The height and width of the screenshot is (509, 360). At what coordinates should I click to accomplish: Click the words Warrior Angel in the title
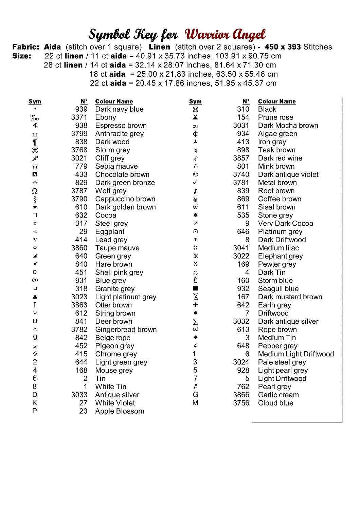pos(225,35)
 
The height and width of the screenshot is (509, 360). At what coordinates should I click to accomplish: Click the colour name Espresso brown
pos(121,126)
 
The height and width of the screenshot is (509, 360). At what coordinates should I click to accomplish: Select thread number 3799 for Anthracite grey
pos(79,134)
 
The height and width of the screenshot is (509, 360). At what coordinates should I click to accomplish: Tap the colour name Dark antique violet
pos(288,174)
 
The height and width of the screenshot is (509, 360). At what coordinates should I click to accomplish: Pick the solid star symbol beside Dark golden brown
pos(35,207)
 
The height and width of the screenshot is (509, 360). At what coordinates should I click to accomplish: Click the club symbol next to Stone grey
pos(195,215)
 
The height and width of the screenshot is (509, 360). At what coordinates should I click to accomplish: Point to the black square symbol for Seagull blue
pos(195,288)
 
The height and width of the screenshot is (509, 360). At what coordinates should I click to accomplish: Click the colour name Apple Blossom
pos(120,411)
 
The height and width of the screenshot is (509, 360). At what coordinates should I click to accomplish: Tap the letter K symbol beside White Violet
pos(35,403)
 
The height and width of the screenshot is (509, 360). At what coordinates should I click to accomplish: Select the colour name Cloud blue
pos(275,403)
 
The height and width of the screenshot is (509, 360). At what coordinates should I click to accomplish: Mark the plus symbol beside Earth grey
pos(195,305)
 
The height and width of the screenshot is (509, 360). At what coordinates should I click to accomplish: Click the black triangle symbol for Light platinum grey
pos(35,297)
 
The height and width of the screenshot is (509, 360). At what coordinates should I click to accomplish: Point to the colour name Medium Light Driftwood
pos(296,354)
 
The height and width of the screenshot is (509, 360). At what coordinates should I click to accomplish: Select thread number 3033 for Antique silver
pos(79,395)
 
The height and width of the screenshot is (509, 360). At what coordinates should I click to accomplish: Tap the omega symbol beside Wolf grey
pos(35,191)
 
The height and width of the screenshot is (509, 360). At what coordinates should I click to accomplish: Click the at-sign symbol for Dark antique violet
pos(195,174)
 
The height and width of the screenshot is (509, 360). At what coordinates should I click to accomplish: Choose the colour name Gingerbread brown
pos(126,329)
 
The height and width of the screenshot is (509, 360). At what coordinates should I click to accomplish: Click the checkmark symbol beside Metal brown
pos(195,183)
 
